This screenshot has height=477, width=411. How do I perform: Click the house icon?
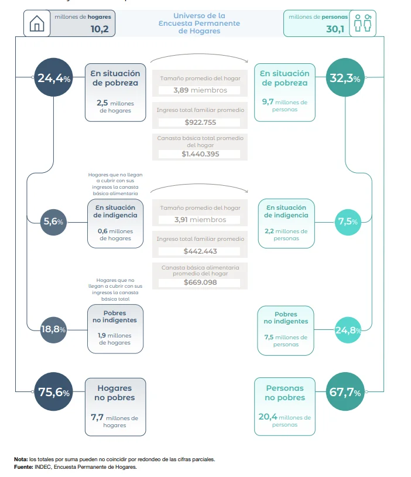tap(37, 23)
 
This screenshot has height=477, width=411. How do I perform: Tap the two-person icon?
tap(363, 23)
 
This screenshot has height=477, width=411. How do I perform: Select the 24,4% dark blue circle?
tap(53, 77)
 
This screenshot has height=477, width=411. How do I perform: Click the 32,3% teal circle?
tap(345, 77)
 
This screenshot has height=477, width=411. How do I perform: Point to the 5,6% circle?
tap(53, 222)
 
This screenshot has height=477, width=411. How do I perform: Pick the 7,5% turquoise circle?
tap(348, 222)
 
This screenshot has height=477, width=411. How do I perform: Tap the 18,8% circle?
tap(53, 330)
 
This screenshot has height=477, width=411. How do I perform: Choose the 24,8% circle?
tap(348, 330)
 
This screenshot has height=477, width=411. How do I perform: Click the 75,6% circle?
tap(53, 391)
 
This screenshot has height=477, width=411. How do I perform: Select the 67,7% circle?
tap(345, 391)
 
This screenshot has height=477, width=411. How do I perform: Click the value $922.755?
tap(200, 122)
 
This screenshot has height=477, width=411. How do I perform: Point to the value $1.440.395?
tap(200, 154)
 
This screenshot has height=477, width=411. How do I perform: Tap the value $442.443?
tap(200, 251)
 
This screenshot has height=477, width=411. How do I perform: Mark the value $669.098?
tap(200, 282)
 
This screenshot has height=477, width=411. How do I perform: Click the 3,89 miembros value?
tap(200, 90)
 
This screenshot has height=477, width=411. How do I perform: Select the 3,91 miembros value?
tap(200, 220)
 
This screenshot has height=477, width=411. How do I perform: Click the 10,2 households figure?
tap(100, 29)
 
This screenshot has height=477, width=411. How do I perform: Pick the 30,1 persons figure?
tap(335, 29)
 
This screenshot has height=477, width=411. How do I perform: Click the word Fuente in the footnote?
tap(23, 467)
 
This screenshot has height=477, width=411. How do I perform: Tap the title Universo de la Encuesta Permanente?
tap(199, 19)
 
